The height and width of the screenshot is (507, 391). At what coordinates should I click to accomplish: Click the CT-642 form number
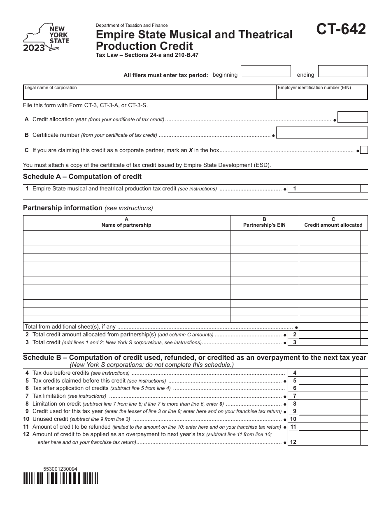(x=341, y=30)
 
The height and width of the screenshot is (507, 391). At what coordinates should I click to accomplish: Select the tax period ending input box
(x=343, y=71)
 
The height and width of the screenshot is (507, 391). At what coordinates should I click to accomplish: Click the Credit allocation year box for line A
(x=352, y=117)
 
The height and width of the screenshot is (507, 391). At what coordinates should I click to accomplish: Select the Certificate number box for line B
(x=322, y=132)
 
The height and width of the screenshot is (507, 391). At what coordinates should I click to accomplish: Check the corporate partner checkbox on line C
(x=364, y=150)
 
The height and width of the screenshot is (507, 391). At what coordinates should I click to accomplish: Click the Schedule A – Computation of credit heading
(x=82, y=176)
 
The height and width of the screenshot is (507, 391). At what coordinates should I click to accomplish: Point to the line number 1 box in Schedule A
(x=294, y=188)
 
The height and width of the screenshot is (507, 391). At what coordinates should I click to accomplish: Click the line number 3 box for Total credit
(x=294, y=342)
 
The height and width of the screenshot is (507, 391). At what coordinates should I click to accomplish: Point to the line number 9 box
(x=294, y=411)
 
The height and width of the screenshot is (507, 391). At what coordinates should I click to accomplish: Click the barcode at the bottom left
(x=61, y=478)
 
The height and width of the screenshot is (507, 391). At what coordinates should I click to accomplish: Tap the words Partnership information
(x=63, y=208)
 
